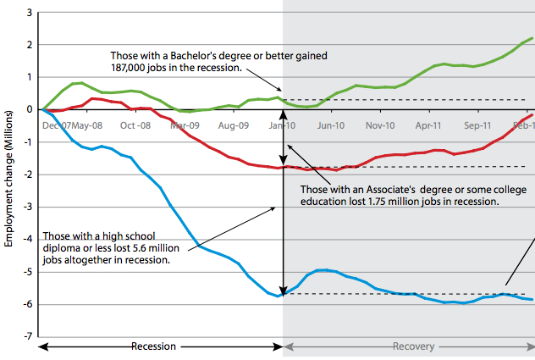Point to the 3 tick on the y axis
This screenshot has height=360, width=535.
point(29,13)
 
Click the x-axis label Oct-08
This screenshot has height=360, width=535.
point(135,125)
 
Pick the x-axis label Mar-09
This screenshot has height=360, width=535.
point(185,125)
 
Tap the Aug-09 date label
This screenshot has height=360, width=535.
point(232,125)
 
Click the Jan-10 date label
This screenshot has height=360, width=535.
point(283,125)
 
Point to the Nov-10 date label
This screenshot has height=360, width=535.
point(380,125)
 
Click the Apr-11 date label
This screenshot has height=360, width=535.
point(429,125)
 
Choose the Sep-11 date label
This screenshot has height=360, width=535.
point(477,125)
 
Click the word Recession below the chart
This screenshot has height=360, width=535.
point(154,346)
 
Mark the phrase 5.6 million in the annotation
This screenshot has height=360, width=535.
point(152,249)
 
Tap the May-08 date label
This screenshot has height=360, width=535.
point(88,125)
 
